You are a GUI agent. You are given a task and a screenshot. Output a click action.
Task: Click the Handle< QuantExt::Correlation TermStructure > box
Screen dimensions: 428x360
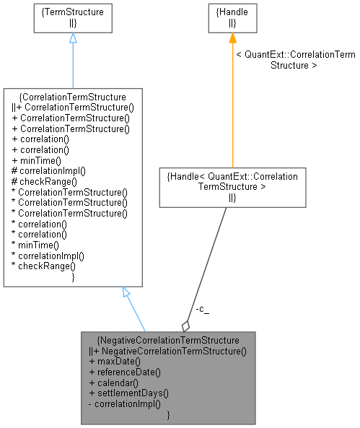[232, 186]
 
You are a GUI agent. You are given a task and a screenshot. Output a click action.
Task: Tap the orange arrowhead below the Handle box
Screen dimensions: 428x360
[232, 38]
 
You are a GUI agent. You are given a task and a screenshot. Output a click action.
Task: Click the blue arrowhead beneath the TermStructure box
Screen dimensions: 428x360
[72, 38]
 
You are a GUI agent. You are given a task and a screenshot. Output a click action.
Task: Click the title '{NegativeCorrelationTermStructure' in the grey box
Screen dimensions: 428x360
[169, 339]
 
